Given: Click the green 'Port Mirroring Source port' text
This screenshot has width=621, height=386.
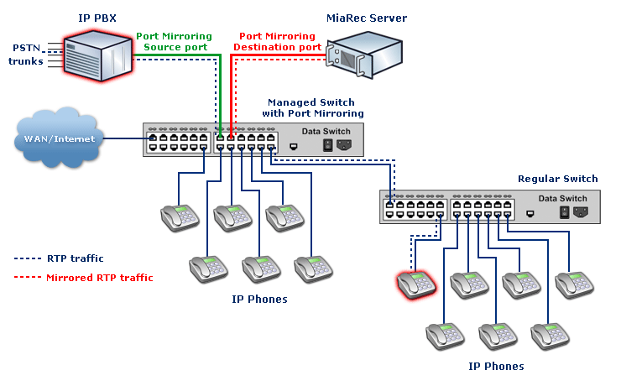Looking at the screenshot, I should (x=172, y=42).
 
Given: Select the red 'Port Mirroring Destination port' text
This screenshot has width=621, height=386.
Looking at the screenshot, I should (x=278, y=42).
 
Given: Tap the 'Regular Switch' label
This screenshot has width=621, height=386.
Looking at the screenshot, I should (x=557, y=179).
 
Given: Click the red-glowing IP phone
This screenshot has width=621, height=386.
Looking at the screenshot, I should (x=416, y=284).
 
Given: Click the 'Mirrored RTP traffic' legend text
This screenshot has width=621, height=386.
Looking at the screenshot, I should (x=100, y=277).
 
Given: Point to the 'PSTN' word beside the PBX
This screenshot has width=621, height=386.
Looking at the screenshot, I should (x=25, y=48).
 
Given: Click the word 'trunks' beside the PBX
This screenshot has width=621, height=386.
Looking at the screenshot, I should (x=26, y=61).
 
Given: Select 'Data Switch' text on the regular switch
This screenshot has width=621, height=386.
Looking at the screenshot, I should (x=562, y=199).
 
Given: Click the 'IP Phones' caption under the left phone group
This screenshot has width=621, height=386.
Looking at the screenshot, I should (x=259, y=299).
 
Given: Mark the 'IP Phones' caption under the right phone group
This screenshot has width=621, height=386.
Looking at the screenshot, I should (x=496, y=366).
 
